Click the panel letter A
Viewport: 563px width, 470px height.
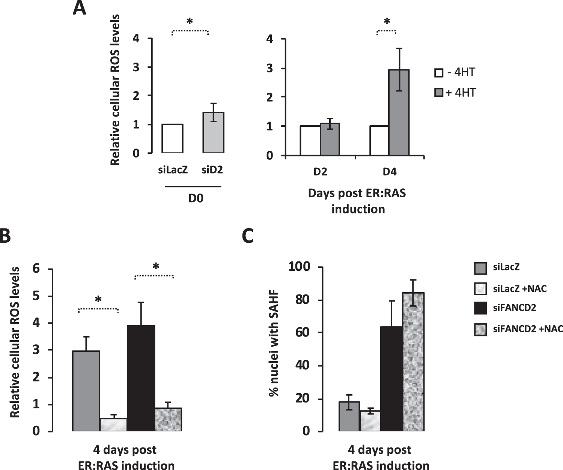click(x=79, y=8)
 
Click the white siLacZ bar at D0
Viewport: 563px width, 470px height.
click(x=172, y=138)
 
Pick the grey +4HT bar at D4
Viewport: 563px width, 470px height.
click(x=399, y=113)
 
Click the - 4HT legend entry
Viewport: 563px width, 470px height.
click(x=455, y=72)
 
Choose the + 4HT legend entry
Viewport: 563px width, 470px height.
click(x=455, y=92)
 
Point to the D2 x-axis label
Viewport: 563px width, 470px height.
click(x=320, y=172)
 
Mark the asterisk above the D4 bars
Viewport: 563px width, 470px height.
click(x=387, y=21)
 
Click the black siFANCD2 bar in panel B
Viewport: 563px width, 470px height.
click(x=141, y=378)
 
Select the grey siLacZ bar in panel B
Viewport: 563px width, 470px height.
click(x=86, y=391)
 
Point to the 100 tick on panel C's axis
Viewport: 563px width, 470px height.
click(x=299, y=267)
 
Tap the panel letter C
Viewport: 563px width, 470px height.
click(x=248, y=236)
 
